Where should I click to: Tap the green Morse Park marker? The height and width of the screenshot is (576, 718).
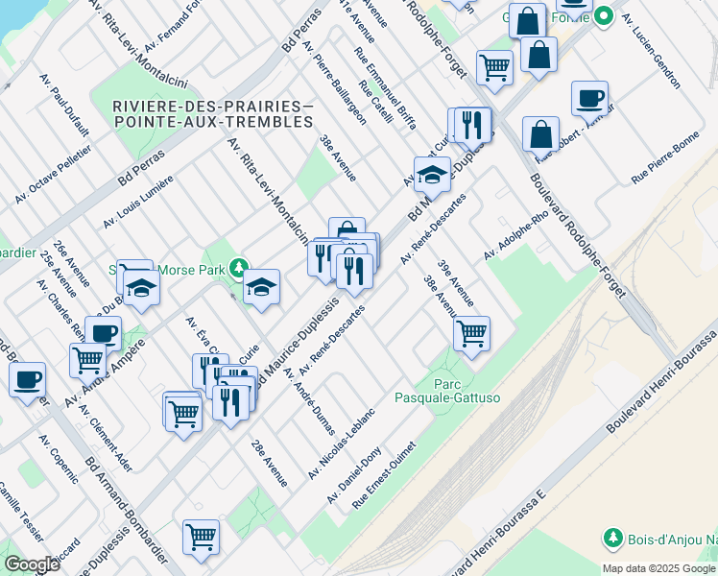point(237,270)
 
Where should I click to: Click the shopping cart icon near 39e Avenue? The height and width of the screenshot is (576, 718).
point(471,333)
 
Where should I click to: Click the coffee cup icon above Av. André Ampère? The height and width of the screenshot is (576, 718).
point(103,333)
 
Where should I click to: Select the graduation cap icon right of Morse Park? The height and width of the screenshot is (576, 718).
point(260,285)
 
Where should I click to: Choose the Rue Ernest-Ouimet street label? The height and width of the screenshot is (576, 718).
point(384,474)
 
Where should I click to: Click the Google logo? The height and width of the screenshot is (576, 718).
point(31,564)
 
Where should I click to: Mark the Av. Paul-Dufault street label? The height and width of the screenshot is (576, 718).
point(65,108)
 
